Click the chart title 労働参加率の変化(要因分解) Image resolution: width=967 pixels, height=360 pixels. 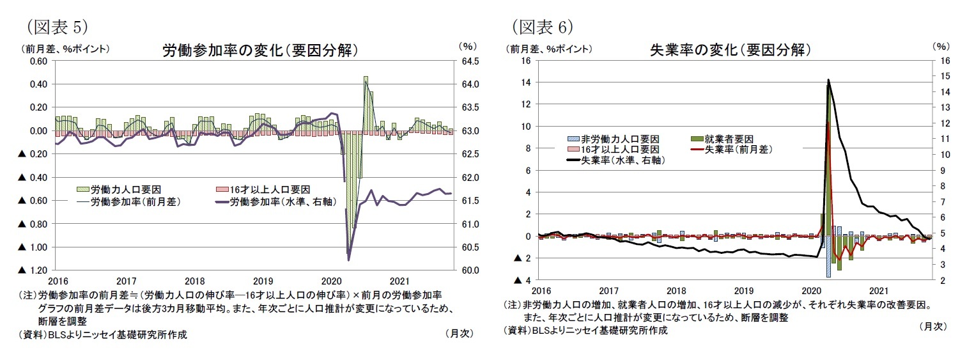click(x=259, y=51)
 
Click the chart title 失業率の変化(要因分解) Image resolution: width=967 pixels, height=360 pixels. click(x=731, y=50)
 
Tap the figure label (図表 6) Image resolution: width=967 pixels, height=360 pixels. click(x=541, y=27)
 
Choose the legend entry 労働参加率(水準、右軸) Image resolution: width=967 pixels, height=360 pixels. click(x=282, y=201)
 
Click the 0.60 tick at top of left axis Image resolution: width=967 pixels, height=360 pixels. click(x=38, y=61)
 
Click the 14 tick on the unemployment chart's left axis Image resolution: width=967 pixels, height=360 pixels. click(x=527, y=82)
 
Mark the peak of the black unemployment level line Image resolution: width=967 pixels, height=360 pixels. click(x=828, y=80)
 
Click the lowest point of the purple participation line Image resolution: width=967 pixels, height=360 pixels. click(x=349, y=260)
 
